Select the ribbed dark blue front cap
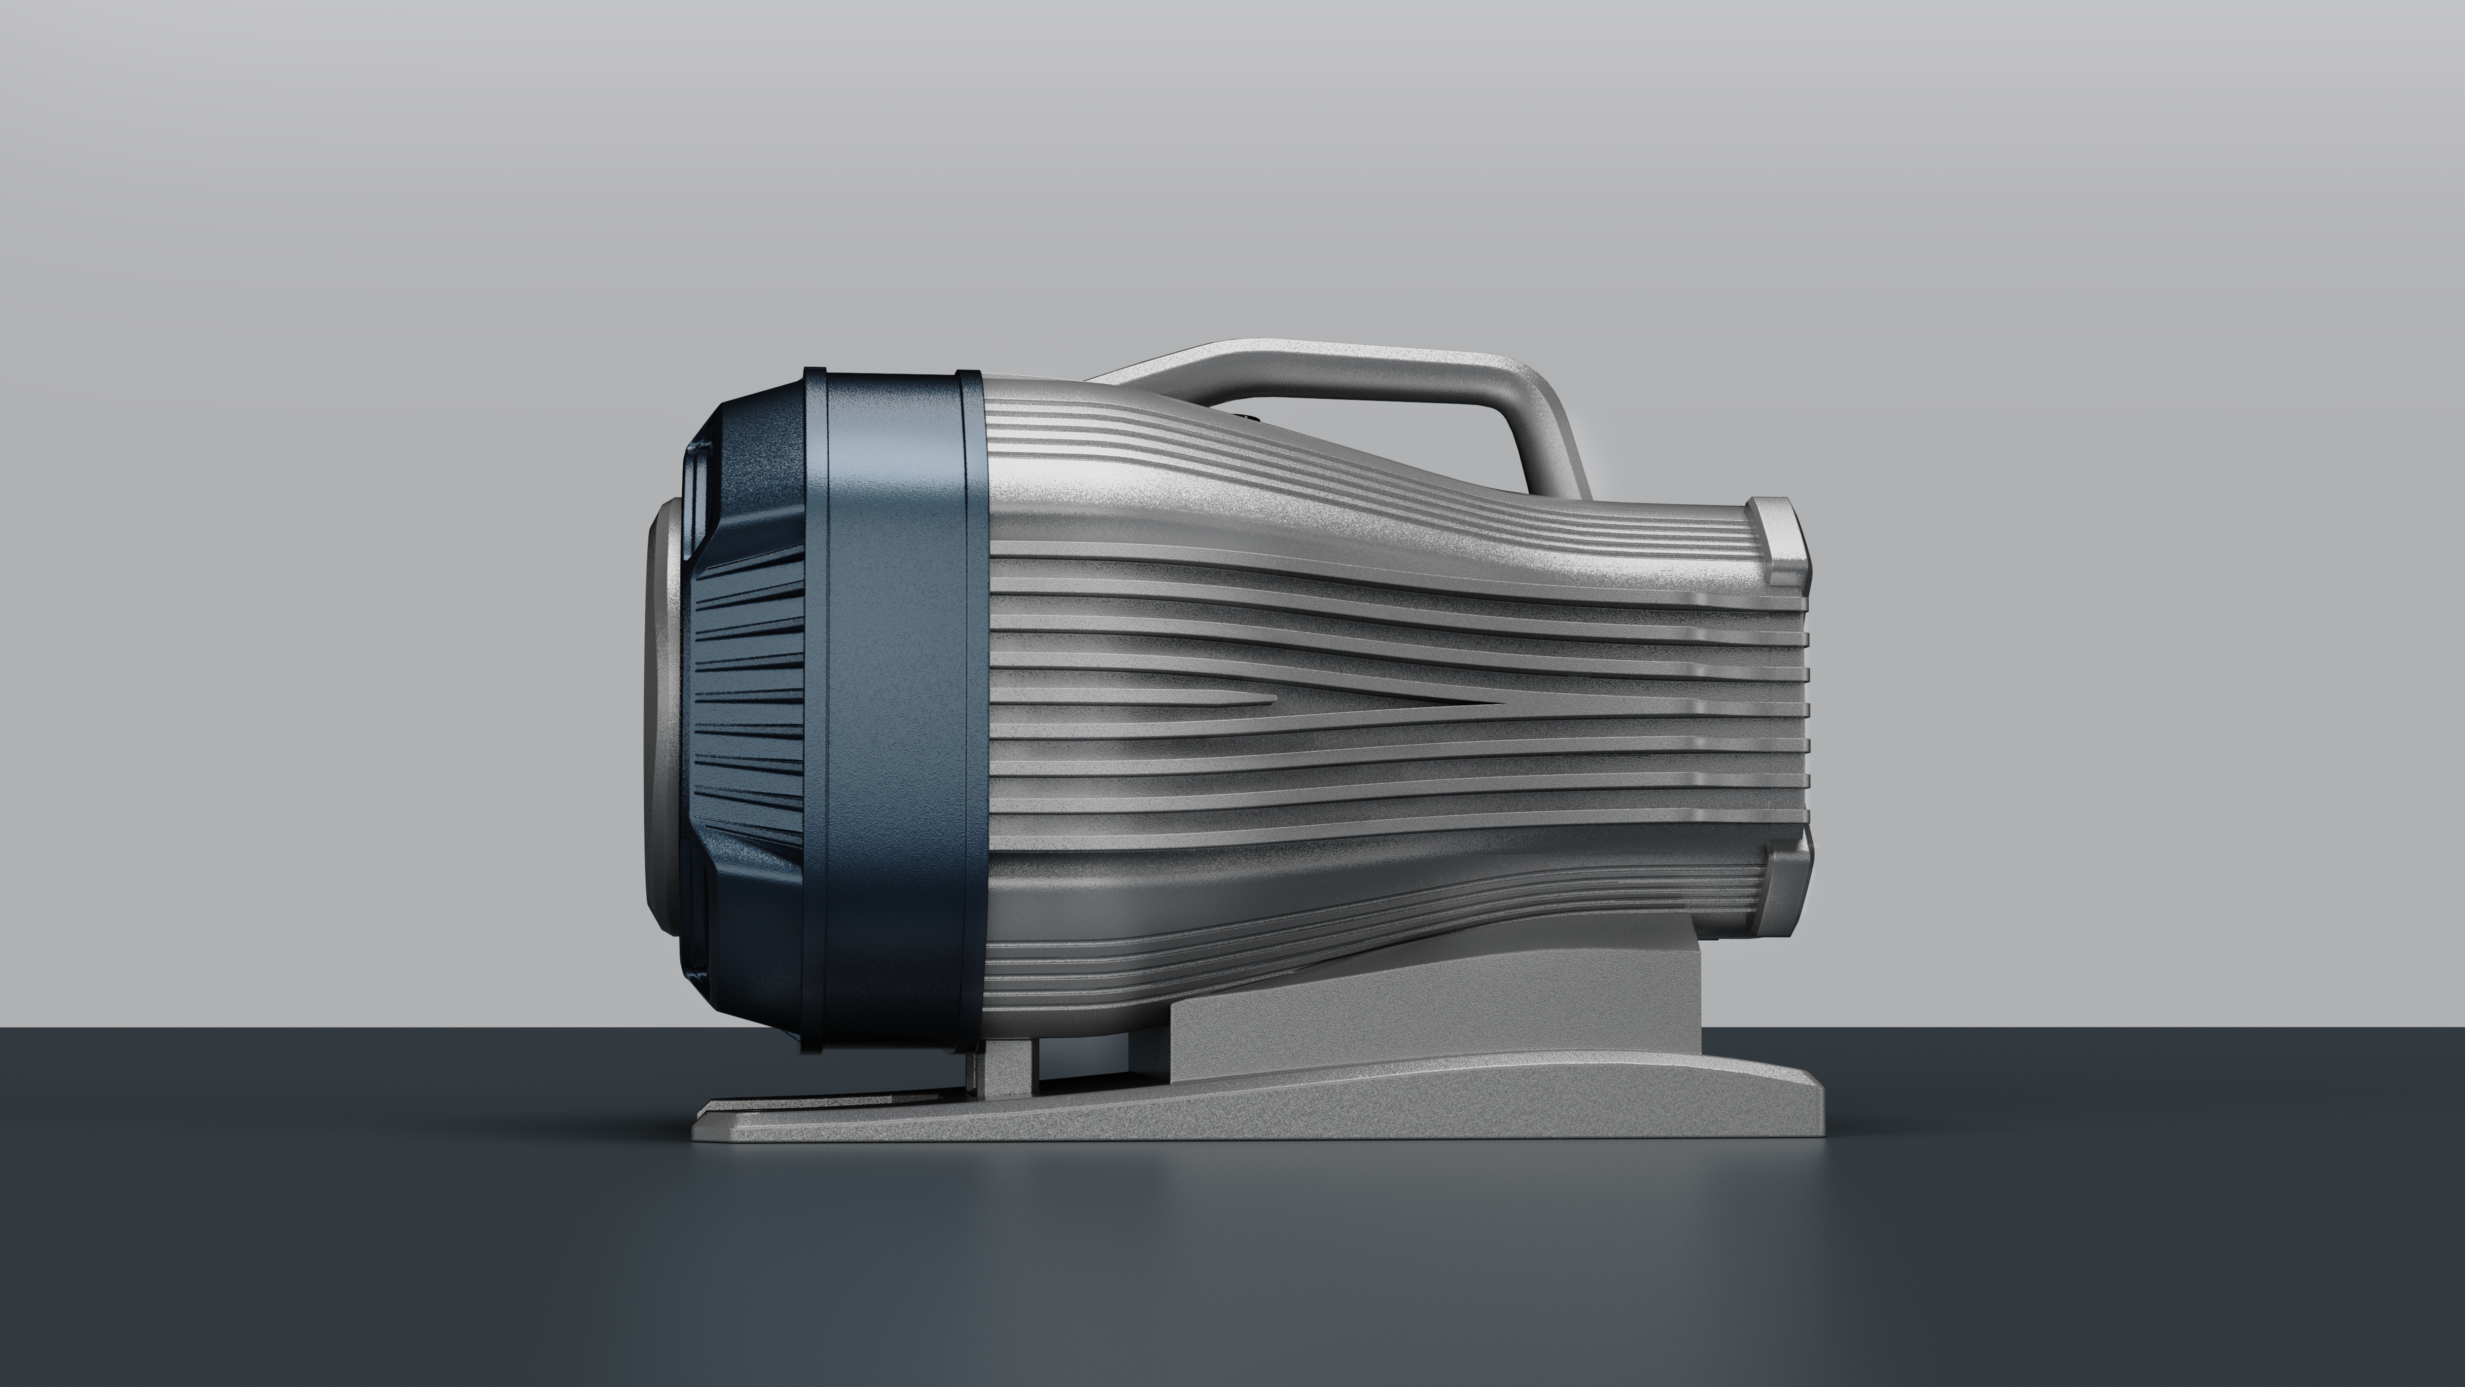[746, 708]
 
